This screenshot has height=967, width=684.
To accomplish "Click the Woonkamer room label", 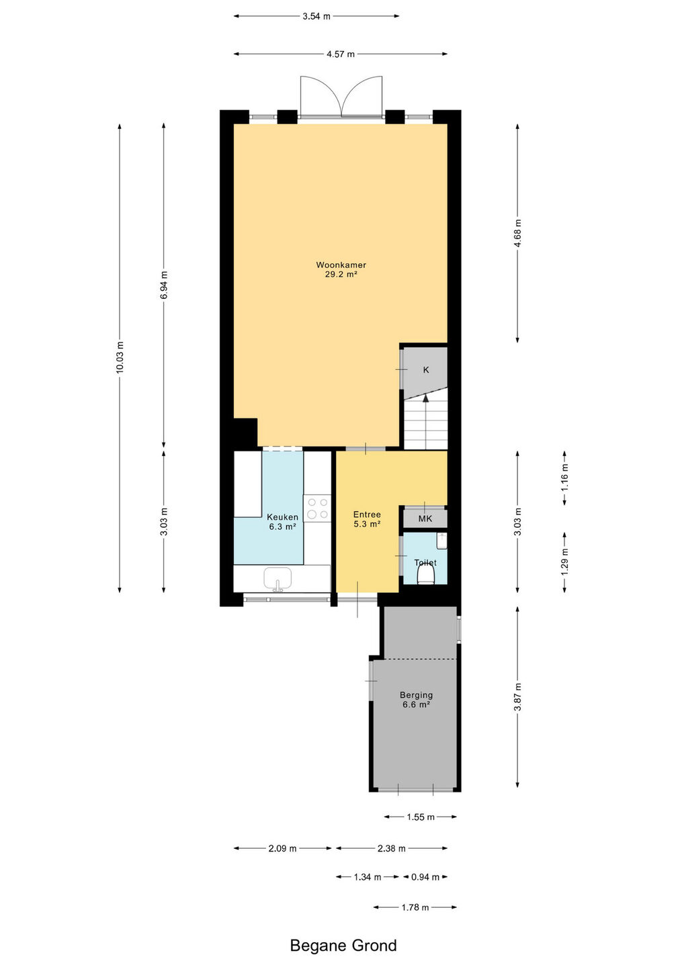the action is point(341,265).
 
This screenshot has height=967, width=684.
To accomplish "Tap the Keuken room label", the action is point(282,517).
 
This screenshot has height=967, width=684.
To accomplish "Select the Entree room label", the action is point(367,514).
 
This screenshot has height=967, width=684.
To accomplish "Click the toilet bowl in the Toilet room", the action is point(426,575).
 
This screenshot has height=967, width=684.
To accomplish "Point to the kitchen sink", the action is point(277,579).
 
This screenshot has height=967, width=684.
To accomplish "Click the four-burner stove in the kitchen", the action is point(317,508).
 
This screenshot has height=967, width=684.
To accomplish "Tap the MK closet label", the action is point(425,519).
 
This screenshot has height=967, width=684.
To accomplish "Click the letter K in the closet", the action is point(426,370).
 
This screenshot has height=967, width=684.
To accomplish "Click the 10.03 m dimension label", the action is point(120,358).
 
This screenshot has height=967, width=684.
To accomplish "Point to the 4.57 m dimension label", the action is point(341,54).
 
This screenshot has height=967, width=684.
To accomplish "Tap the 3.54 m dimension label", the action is point(316,16).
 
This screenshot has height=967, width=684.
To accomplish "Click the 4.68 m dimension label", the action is point(518,233).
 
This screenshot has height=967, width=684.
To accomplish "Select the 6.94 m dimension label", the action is point(164,285).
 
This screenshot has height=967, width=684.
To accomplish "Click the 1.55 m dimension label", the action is point(421,817).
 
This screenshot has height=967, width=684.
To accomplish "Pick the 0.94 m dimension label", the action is point(425,877).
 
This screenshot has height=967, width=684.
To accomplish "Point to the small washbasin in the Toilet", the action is point(441,541).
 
